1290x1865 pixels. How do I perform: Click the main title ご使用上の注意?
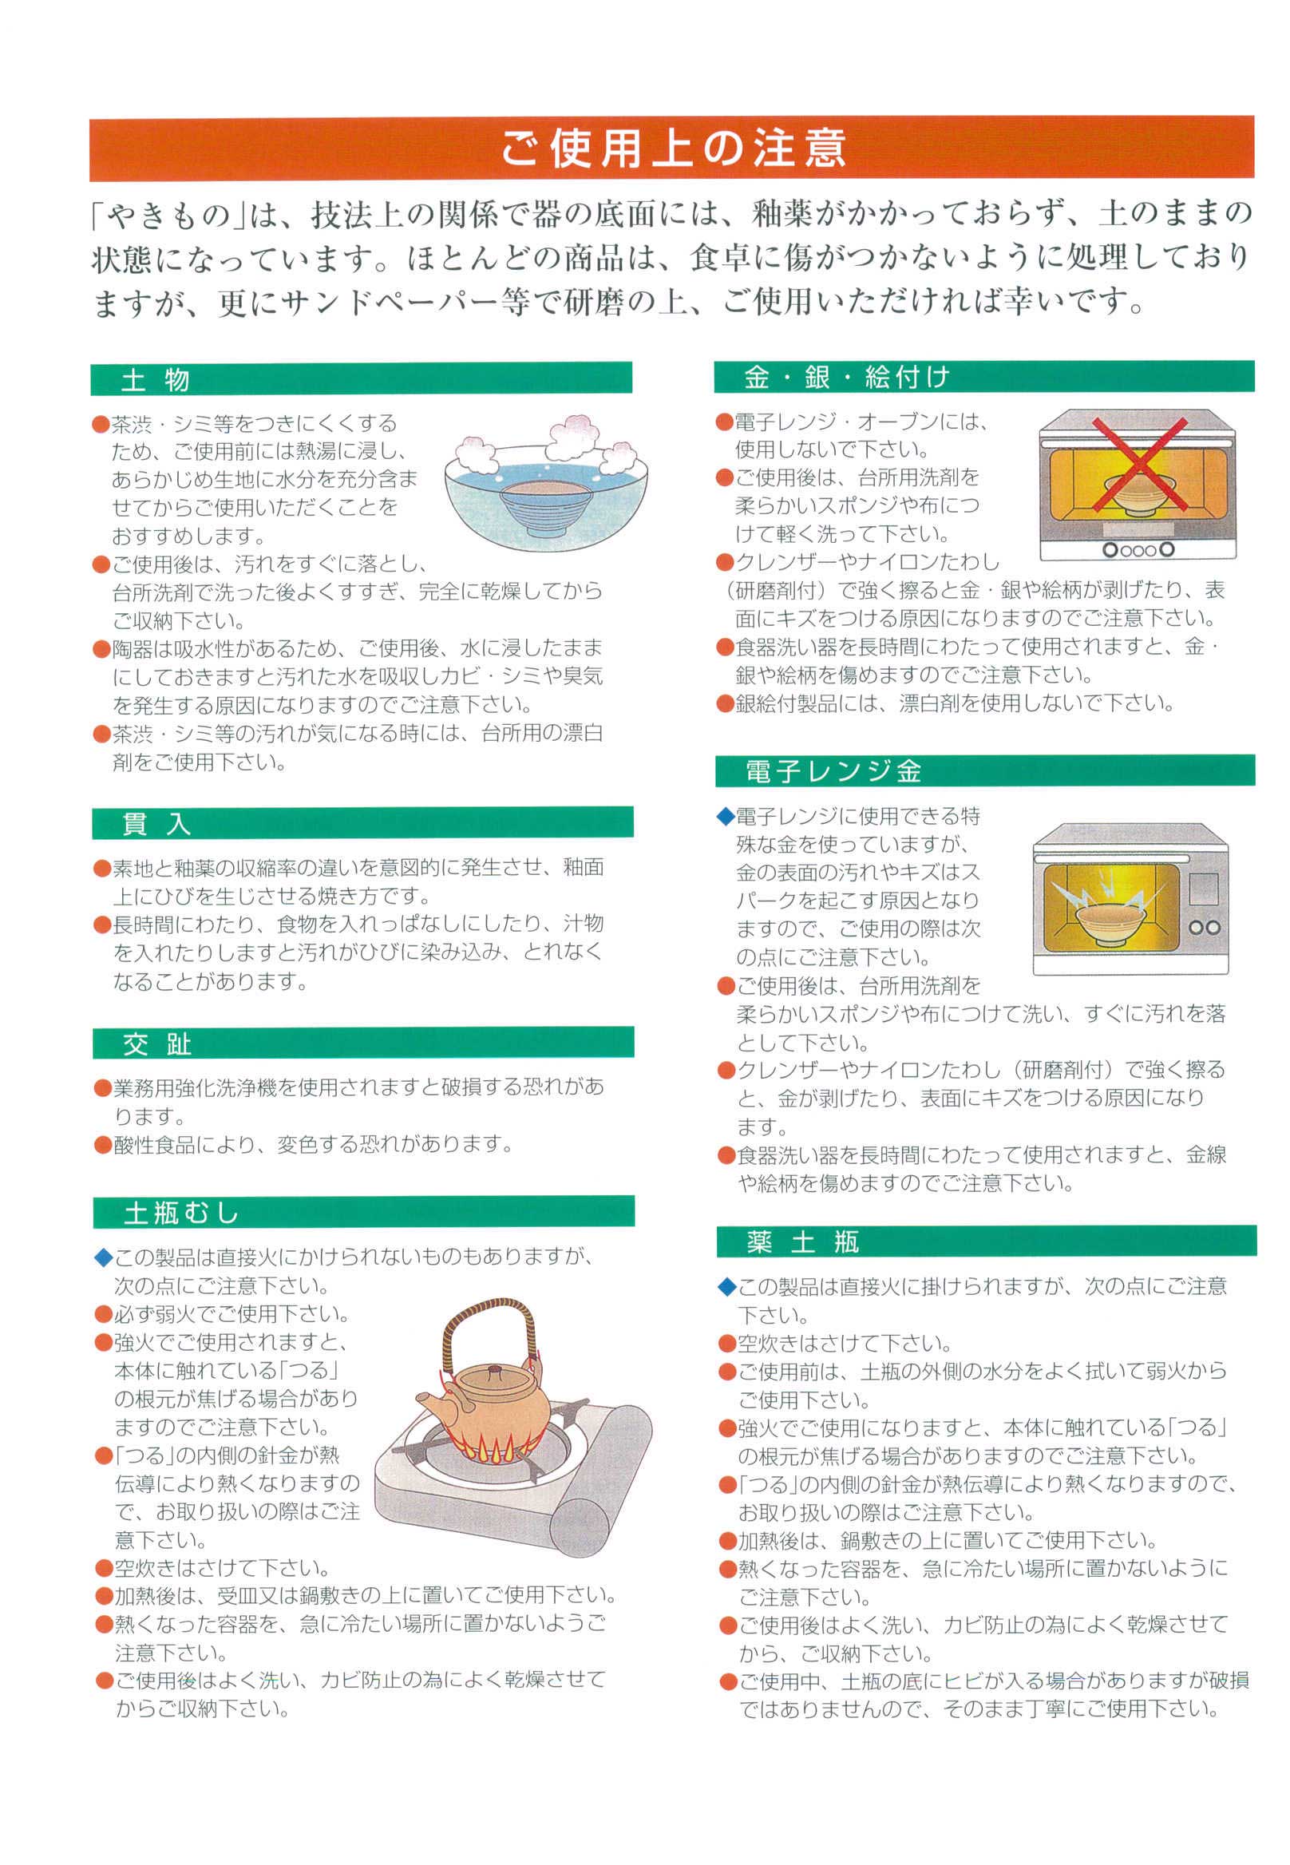[x=672, y=148]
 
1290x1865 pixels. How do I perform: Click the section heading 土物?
[x=155, y=379]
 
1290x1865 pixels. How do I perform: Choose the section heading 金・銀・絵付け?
[x=846, y=377]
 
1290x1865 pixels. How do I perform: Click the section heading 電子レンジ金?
[x=833, y=770]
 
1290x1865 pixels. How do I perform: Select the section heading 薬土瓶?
[x=802, y=1241]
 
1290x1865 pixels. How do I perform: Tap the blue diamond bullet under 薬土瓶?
[x=726, y=1286]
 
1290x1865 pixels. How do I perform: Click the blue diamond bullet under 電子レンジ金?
[x=726, y=816]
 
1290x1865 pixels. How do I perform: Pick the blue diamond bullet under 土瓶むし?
[x=103, y=1257]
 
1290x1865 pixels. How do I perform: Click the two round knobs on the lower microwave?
[x=1204, y=927]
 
